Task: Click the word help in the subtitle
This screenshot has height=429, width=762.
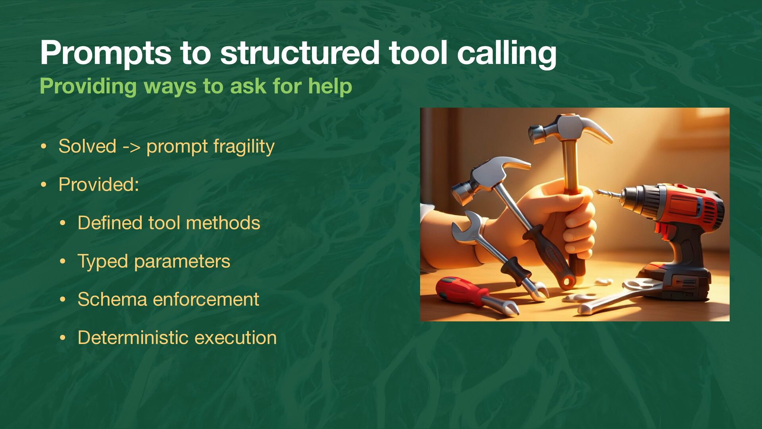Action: click(x=330, y=86)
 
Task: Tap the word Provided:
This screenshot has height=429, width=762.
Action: click(x=99, y=184)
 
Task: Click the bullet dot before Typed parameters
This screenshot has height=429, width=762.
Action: click(x=62, y=262)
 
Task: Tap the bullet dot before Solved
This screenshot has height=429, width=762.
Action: click(x=43, y=147)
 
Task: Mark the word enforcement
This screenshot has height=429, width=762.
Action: click(x=206, y=299)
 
